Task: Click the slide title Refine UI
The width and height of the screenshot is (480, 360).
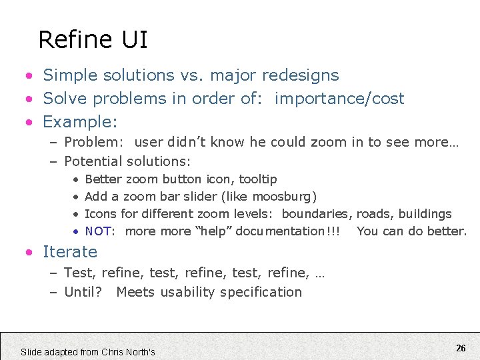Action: [93, 40]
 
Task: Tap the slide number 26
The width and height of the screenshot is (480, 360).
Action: [461, 348]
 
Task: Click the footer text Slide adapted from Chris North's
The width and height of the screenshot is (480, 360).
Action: [88, 351]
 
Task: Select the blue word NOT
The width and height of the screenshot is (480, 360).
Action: [98, 231]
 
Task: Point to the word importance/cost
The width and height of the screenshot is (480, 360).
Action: [339, 99]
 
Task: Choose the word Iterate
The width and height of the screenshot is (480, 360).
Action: [70, 252]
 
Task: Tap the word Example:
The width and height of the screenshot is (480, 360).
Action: [80, 122]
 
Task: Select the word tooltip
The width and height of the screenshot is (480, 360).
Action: [258, 179]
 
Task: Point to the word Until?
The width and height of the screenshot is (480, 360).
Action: [83, 292]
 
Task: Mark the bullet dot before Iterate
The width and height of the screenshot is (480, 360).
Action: [29, 253]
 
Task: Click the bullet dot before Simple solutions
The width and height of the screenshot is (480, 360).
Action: [29, 76]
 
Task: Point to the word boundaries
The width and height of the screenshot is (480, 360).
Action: [317, 214]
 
